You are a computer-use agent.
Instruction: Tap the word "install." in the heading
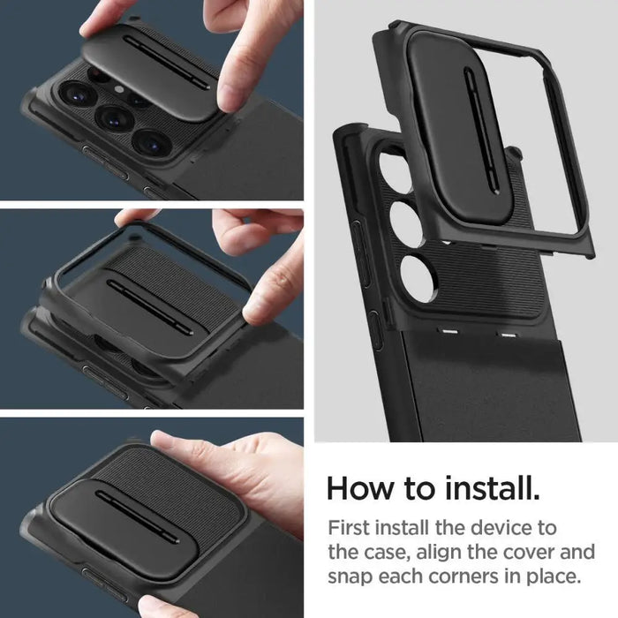tap(494, 487)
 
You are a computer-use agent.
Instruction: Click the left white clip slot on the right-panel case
tap(449, 334)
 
